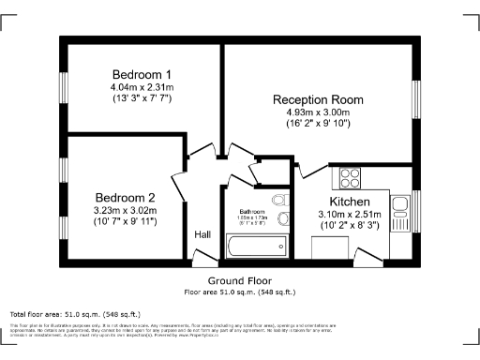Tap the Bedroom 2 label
[x=125, y=198]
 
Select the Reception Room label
[x=319, y=98]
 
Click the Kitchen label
[x=350, y=202]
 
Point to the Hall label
[x=202, y=234]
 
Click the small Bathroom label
[x=252, y=211]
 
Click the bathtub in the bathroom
[x=256, y=247]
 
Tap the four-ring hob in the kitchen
[x=351, y=177]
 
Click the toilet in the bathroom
[x=279, y=201]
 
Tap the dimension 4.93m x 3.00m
[x=319, y=112]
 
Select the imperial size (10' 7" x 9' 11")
[x=125, y=223]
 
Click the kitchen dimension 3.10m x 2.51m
[x=350, y=215]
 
